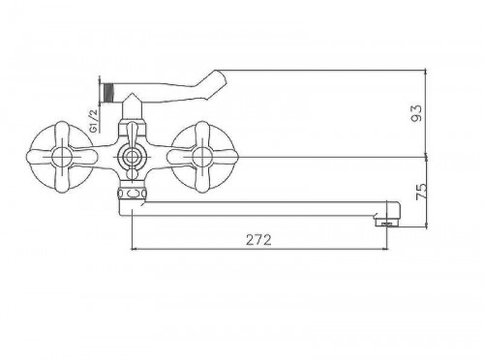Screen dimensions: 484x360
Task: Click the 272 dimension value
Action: [258, 240]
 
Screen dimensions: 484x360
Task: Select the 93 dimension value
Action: [416, 112]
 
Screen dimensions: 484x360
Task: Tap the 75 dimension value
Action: [421, 192]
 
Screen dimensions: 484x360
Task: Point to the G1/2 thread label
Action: [93, 121]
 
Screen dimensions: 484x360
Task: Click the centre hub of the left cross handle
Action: [62, 158]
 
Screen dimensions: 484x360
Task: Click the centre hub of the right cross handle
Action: [202, 158]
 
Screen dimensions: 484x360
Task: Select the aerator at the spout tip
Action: [388, 223]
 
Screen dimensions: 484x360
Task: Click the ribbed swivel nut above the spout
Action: [132, 194]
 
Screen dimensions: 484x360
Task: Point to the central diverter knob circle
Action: [132, 158]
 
